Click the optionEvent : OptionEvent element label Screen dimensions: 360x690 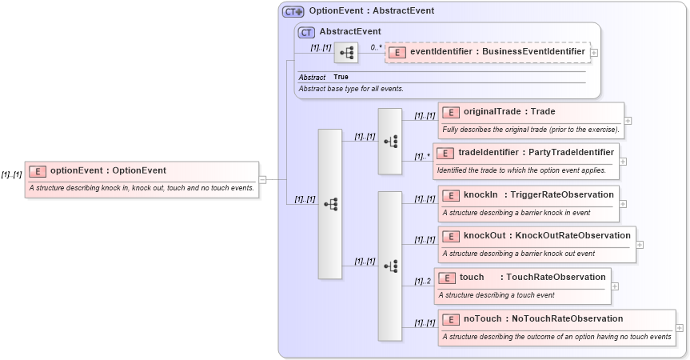(108, 170)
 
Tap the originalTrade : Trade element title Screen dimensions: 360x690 (509, 111)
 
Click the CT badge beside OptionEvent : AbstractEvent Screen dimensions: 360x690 (293, 11)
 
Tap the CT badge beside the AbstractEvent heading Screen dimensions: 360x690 (306, 32)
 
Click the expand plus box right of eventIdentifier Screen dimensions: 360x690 (594, 53)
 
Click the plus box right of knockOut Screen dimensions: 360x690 (640, 245)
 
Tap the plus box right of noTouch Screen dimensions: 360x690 (680, 327)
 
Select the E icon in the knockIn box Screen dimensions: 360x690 (451, 194)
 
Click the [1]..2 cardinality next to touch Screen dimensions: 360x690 (423, 281)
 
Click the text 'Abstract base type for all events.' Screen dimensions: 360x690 (351, 88)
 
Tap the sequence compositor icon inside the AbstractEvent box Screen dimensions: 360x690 (345, 53)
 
